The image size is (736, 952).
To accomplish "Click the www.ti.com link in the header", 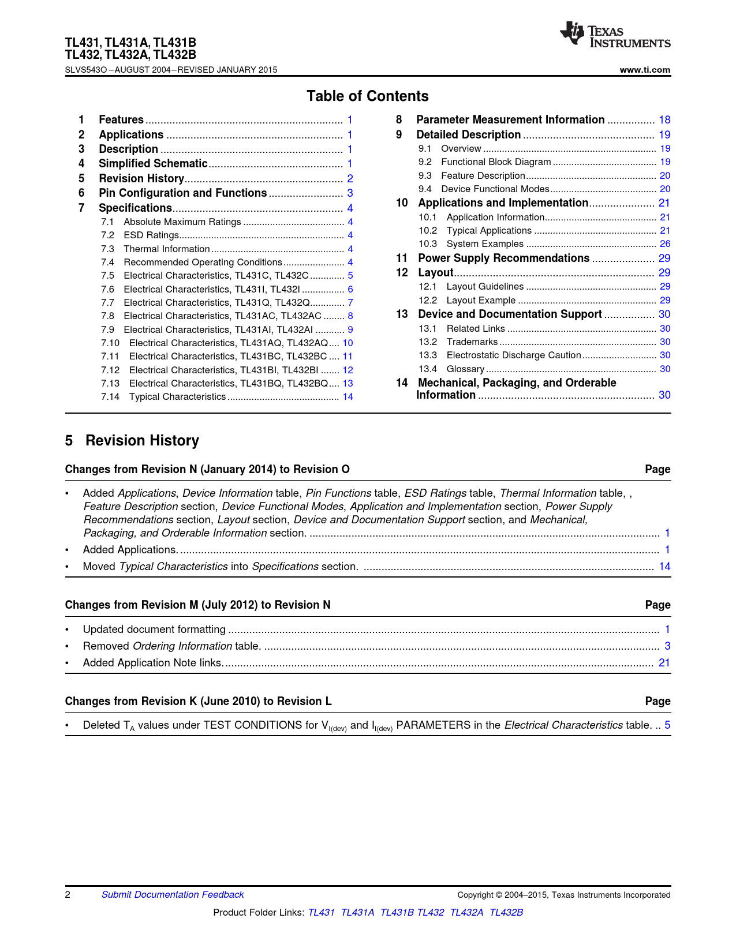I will pyautogui.click(x=645, y=70).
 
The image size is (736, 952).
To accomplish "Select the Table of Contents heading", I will pyautogui.click(x=367, y=96).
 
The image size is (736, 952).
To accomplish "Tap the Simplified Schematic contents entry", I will pyautogui.click(x=153, y=164).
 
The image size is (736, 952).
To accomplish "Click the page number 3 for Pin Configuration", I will pyautogui.click(x=350, y=193).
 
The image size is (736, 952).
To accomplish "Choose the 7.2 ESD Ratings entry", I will pyautogui.click(x=151, y=235).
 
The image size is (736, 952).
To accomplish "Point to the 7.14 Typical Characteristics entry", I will pyautogui.click(x=177, y=397).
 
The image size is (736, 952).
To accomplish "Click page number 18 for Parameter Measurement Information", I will pyautogui.click(x=664, y=120).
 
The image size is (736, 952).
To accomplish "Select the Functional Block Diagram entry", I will pyautogui.click(x=496, y=162).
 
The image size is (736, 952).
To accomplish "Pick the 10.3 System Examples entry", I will pyautogui.click(x=485, y=244).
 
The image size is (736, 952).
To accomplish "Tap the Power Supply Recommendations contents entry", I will pyautogui.click(x=503, y=258).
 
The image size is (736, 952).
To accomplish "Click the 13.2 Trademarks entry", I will pyautogui.click(x=472, y=342).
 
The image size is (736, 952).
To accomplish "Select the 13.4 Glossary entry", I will pyautogui.click(x=465, y=369).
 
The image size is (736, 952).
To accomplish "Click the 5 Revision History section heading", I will pyautogui.click(x=132, y=441).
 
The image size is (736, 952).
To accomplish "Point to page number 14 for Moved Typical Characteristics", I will pyautogui.click(x=664, y=567).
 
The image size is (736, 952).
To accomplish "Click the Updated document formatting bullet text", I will pyautogui.click(x=154, y=629).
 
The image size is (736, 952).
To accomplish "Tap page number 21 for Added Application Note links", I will pyautogui.click(x=664, y=663).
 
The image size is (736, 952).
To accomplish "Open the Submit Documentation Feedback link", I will pyautogui.click(x=173, y=895).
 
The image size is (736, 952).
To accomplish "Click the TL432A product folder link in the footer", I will pyautogui.click(x=466, y=912).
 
